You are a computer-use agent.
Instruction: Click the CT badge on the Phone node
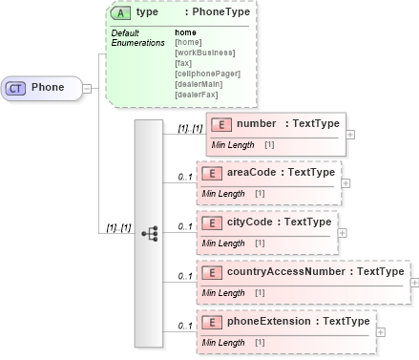(x=16, y=88)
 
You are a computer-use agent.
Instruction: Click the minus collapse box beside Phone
(x=86, y=88)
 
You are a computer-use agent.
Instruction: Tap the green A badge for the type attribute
(x=121, y=13)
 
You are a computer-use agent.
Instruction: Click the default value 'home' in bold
(x=185, y=32)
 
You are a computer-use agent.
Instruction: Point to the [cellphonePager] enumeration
(x=207, y=74)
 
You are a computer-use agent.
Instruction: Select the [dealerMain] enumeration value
(x=200, y=84)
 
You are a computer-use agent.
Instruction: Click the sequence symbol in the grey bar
(x=149, y=232)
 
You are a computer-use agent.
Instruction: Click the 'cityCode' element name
(x=251, y=222)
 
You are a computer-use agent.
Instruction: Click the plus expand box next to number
(x=350, y=134)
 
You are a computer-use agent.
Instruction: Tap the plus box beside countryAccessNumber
(x=413, y=283)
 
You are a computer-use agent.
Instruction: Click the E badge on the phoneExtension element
(x=211, y=322)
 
